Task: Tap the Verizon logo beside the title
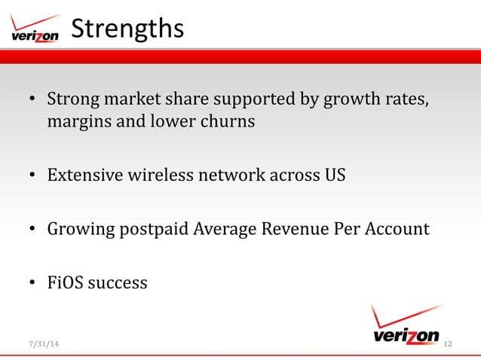coord(35,29)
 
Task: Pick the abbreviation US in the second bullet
coord(334,175)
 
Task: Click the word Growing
coord(78,229)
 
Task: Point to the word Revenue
coord(293,229)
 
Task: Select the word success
coord(118,283)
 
